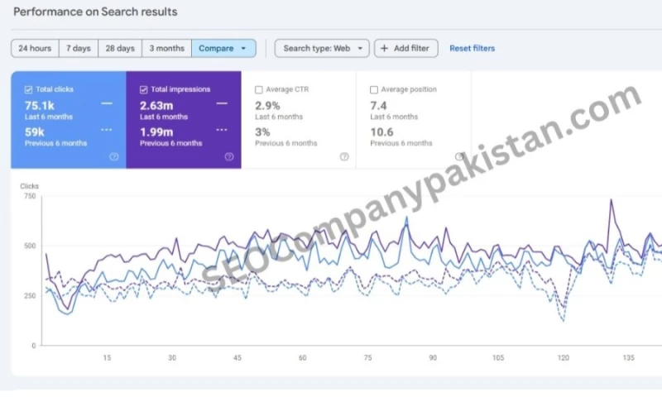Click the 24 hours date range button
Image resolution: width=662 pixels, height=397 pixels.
[x=35, y=48]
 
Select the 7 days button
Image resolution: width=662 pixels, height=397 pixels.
[x=79, y=48]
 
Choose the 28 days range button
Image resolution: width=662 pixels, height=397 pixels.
[x=120, y=48]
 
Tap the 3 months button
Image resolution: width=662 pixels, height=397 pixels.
[x=166, y=48]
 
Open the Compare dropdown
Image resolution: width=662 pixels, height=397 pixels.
[x=223, y=48]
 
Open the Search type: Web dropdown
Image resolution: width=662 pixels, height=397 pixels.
[x=322, y=48]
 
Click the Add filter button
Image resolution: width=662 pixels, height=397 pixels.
[x=405, y=48]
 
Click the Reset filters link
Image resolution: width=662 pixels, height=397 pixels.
[x=472, y=48]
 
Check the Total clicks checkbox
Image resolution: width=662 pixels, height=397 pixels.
[x=29, y=89]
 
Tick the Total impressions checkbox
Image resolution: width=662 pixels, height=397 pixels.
[x=144, y=89]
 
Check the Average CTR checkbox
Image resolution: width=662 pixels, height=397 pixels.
[x=259, y=89]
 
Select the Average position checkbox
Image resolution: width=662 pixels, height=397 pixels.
[x=374, y=89]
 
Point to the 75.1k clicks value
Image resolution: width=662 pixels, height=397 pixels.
[x=41, y=104]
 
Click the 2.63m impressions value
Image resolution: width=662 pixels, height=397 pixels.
[x=157, y=104]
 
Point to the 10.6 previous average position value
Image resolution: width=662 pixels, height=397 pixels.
[x=381, y=132]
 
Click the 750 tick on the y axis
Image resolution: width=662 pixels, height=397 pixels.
[x=29, y=196]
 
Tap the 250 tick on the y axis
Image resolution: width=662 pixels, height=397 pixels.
[x=29, y=295]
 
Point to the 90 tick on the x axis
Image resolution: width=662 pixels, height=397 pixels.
[x=433, y=357]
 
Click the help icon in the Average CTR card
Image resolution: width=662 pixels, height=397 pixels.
[x=344, y=156]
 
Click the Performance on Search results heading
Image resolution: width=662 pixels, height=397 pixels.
[x=95, y=12]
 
